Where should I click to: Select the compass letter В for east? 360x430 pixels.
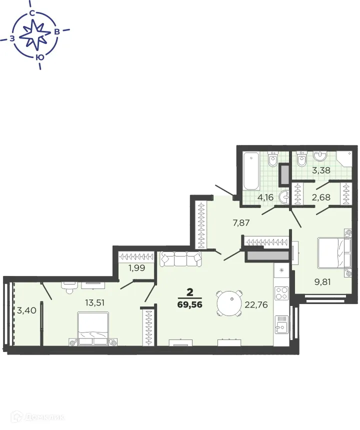(57, 32)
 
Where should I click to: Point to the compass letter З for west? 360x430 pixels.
(11, 38)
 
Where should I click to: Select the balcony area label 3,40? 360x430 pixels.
(26, 310)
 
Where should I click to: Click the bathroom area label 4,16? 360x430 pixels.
(265, 196)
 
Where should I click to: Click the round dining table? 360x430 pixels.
(230, 302)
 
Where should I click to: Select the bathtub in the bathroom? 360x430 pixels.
(249, 171)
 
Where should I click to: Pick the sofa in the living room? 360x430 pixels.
(180, 259)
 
